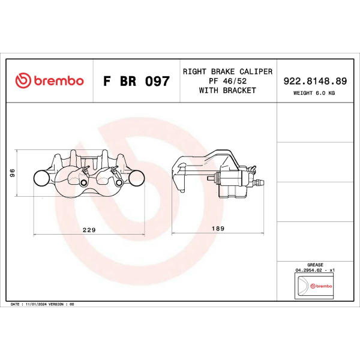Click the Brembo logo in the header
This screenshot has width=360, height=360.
[49, 80]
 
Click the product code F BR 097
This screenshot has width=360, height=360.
[136, 81]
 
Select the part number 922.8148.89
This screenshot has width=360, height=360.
[315, 81]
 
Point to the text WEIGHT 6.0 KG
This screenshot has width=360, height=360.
[314, 93]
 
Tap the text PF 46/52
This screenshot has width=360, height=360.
[227, 81]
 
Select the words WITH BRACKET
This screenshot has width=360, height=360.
[227, 91]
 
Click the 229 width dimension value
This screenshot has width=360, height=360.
[89, 230]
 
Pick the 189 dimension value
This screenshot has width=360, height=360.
[218, 229]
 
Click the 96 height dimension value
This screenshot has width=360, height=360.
[13, 173]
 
